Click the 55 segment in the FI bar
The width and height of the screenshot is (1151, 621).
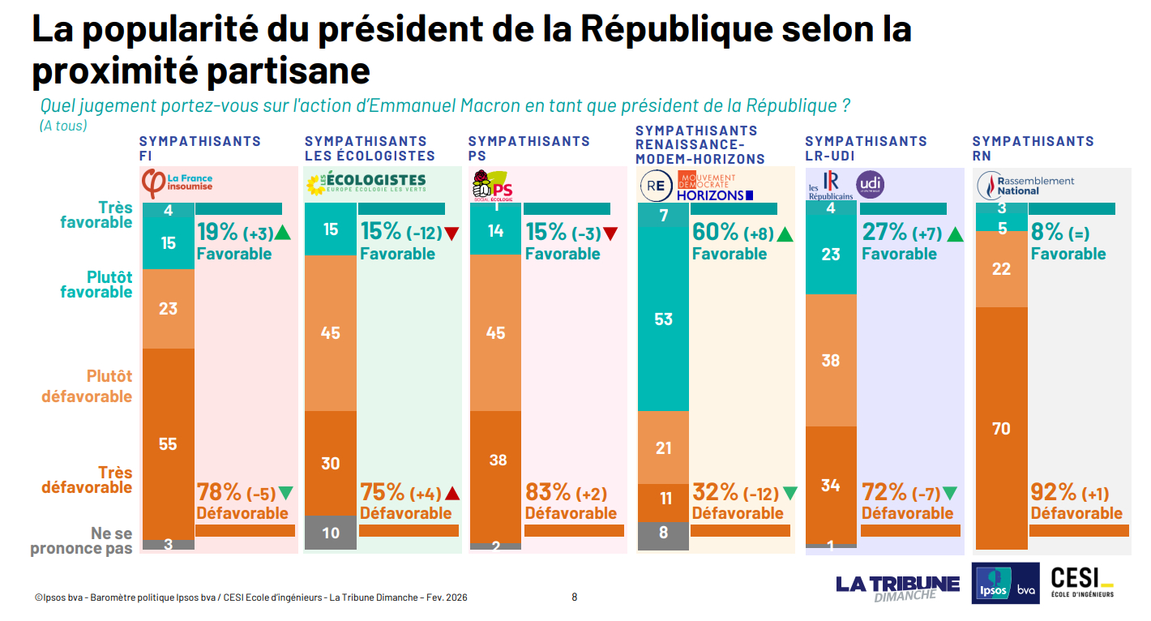coord(168,443)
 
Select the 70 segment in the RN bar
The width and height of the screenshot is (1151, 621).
coord(1001,427)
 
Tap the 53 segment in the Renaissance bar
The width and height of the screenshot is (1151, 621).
coord(663,319)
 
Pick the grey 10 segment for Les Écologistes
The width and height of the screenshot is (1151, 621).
coord(330,533)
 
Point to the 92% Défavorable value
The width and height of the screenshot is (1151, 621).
coord(1053,492)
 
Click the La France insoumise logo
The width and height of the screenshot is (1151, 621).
coord(178,181)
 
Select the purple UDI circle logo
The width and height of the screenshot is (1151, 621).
coord(870,185)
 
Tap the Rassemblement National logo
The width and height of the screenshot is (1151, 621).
coord(1026,186)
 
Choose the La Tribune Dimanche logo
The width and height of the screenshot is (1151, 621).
coord(897,587)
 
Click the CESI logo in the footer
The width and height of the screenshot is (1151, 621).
coord(1081,582)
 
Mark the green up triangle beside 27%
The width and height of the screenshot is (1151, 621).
coord(954,234)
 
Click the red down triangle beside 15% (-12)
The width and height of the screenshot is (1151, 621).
coord(451,234)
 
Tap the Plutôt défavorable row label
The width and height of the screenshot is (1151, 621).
coord(87,386)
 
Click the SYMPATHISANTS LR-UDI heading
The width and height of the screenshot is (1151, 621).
coord(865,148)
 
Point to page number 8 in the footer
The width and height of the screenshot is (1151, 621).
coord(575,597)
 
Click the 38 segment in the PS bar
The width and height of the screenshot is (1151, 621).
coord(497,460)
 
